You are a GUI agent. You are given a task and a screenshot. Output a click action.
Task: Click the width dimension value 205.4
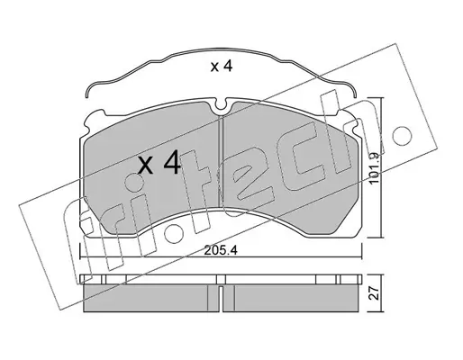tap(221, 250)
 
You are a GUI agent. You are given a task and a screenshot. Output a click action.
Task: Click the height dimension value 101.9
tap(375, 169)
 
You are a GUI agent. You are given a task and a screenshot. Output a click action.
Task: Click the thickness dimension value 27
tap(375, 292)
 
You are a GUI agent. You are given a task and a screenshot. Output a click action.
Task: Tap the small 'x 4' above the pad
tap(222, 67)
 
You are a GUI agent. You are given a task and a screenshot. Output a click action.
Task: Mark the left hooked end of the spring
tap(86, 93)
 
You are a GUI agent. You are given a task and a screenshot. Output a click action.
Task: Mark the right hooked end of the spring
tap(355, 93)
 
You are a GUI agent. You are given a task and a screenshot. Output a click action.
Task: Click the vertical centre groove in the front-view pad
tap(221, 162)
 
